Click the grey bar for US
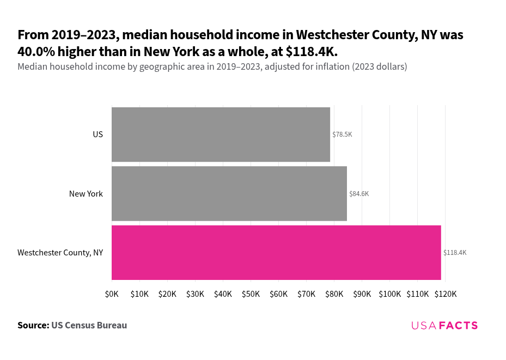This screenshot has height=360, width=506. (x=221, y=135)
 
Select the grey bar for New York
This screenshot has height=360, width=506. (x=229, y=194)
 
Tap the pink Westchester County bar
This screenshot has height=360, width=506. (x=276, y=253)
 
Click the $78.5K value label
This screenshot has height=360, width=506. (x=342, y=135)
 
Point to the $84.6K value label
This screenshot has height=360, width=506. (x=359, y=194)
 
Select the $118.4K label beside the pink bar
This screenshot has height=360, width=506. (x=455, y=253)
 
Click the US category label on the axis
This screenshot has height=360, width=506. (x=97, y=135)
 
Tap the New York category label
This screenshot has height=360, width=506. (x=86, y=194)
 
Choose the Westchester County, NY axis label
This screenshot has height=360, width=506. (x=60, y=253)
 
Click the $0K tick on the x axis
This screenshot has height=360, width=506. (x=112, y=294)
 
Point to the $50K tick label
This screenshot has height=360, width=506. (x=251, y=294)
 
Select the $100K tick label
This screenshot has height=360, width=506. (x=390, y=294)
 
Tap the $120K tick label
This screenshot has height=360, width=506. (x=446, y=294)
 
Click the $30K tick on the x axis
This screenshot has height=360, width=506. (x=195, y=294)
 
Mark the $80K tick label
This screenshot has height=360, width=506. (x=334, y=294)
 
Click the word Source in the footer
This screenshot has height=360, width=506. (x=33, y=325)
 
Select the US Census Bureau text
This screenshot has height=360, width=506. (x=89, y=325)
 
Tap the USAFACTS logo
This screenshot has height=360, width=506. (x=444, y=325)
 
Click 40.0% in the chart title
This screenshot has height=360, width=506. (x=39, y=52)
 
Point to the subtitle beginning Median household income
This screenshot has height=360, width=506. (x=212, y=67)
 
